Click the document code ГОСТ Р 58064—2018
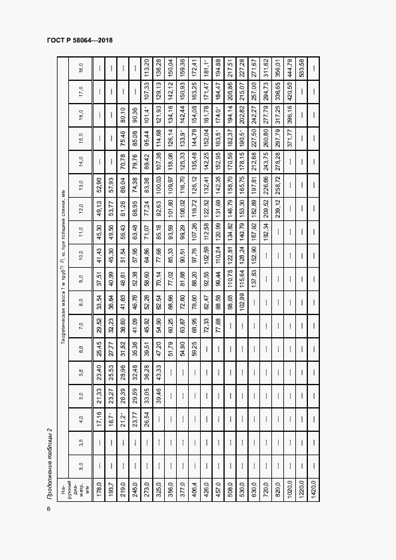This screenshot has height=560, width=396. tap(80, 41)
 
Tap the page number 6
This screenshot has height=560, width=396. tap(49, 509)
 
